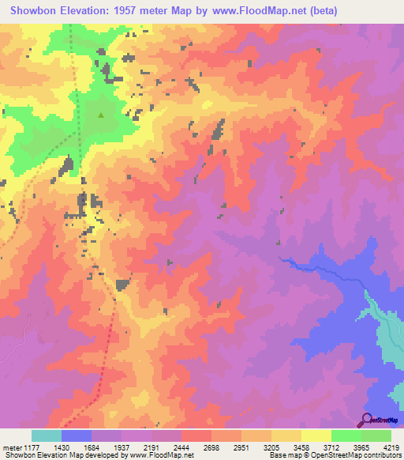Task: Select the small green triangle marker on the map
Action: coord(101,115)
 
